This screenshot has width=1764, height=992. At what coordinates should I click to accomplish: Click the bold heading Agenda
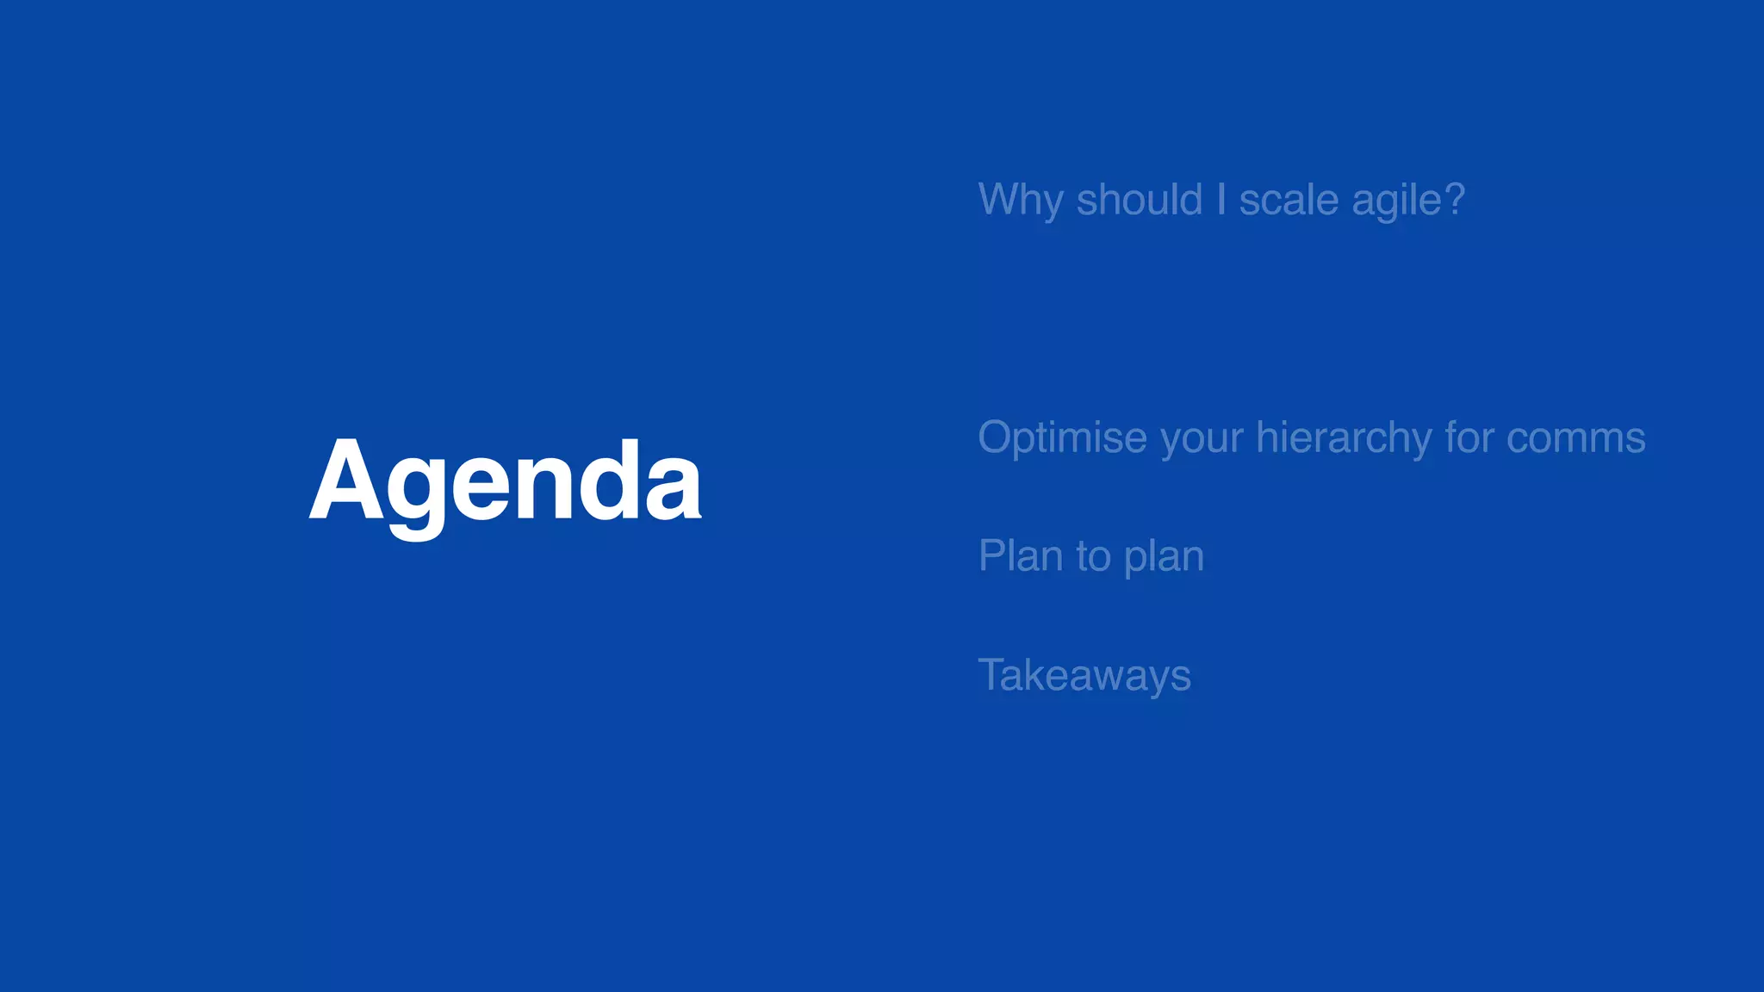tap(505, 482)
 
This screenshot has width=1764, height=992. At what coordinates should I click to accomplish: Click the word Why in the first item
tap(1021, 201)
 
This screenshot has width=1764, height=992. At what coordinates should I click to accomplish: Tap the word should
tap(1139, 200)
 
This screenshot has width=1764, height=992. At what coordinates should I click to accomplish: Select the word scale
tap(1289, 201)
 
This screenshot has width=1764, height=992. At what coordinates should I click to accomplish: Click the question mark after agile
tap(1455, 200)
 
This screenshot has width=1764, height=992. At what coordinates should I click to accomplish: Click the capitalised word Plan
tap(1020, 555)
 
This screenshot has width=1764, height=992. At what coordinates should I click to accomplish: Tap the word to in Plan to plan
tap(1093, 557)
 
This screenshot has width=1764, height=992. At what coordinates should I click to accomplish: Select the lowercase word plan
tap(1164, 557)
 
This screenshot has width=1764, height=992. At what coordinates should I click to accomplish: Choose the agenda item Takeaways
tap(1084, 675)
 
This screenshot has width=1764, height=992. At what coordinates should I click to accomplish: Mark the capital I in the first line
tap(1221, 200)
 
